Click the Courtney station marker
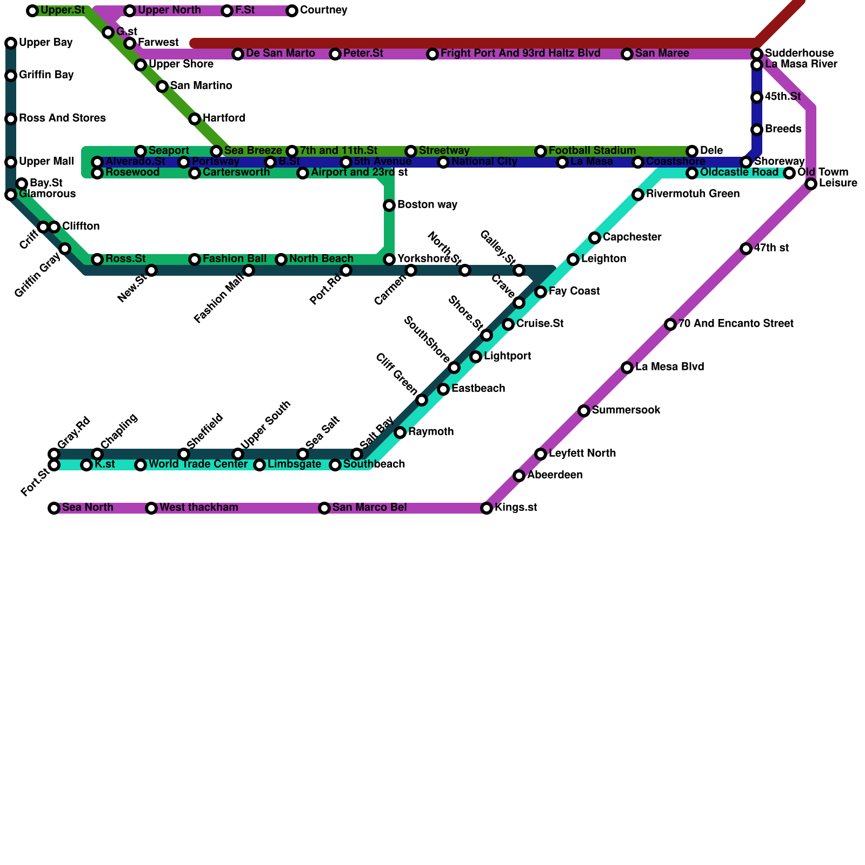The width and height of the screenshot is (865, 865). click(x=292, y=11)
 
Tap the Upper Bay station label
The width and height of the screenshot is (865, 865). click(x=45, y=43)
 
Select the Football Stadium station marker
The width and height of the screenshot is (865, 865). click(x=541, y=151)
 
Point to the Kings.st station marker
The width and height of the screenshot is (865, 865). click(x=487, y=508)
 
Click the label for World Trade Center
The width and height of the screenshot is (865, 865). click(x=198, y=464)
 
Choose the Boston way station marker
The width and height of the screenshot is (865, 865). click(x=389, y=205)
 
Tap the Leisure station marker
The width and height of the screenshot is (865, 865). click(x=811, y=184)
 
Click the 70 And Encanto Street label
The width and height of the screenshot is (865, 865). click(x=736, y=324)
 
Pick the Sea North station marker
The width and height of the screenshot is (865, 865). click(x=54, y=508)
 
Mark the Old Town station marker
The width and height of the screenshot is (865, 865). click(x=789, y=173)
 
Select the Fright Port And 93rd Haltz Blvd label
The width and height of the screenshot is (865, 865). click(x=520, y=54)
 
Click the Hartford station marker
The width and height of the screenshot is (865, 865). click(x=195, y=119)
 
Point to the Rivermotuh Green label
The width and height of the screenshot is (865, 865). click(x=693, y=194)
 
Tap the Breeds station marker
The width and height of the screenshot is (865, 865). click(x=757, y=130)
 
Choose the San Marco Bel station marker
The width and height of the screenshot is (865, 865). click(x=324, y=508)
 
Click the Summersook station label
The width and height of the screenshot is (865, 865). click(x=626, y=410)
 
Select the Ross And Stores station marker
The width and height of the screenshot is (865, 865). click(x=11, y=119)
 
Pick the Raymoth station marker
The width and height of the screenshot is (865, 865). click(x=400, y=432)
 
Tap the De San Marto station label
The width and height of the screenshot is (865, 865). click(x=280, y=54)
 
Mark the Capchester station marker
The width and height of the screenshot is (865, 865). click(x=595, y=238)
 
